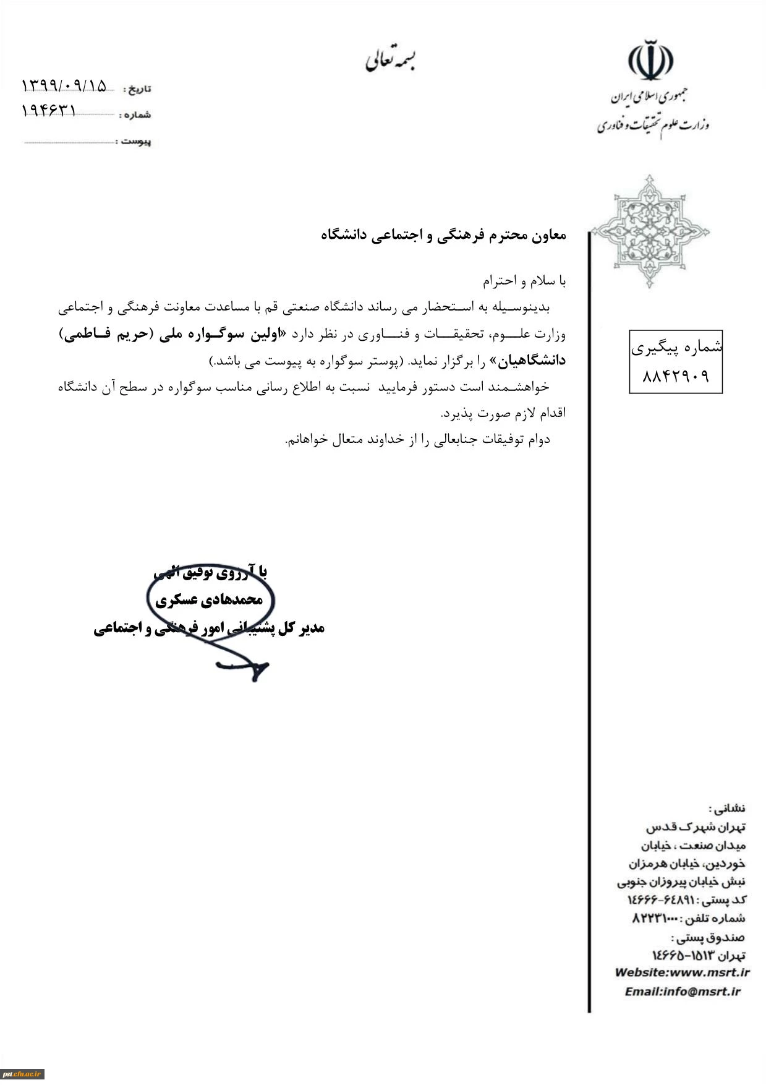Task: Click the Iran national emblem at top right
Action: click(650, 60)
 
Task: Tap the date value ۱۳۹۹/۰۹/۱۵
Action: click(64, 85)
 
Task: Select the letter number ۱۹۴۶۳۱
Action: click(49, 111)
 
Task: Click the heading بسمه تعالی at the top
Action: click(390, 59)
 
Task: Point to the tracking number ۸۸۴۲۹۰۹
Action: click(676, 376)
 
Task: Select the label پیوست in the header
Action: click(136, 142)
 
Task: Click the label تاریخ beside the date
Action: click(137, 89)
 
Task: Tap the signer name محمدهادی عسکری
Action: click(209, 599)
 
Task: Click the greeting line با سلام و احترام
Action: click(524, 281)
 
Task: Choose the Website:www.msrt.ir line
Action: click(682, 972)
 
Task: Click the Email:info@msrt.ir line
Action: click(682, 991)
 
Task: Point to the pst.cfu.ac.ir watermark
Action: click(22, 1074)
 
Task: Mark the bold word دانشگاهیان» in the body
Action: click(532, 361)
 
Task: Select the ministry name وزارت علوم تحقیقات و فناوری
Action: click(653, 125)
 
